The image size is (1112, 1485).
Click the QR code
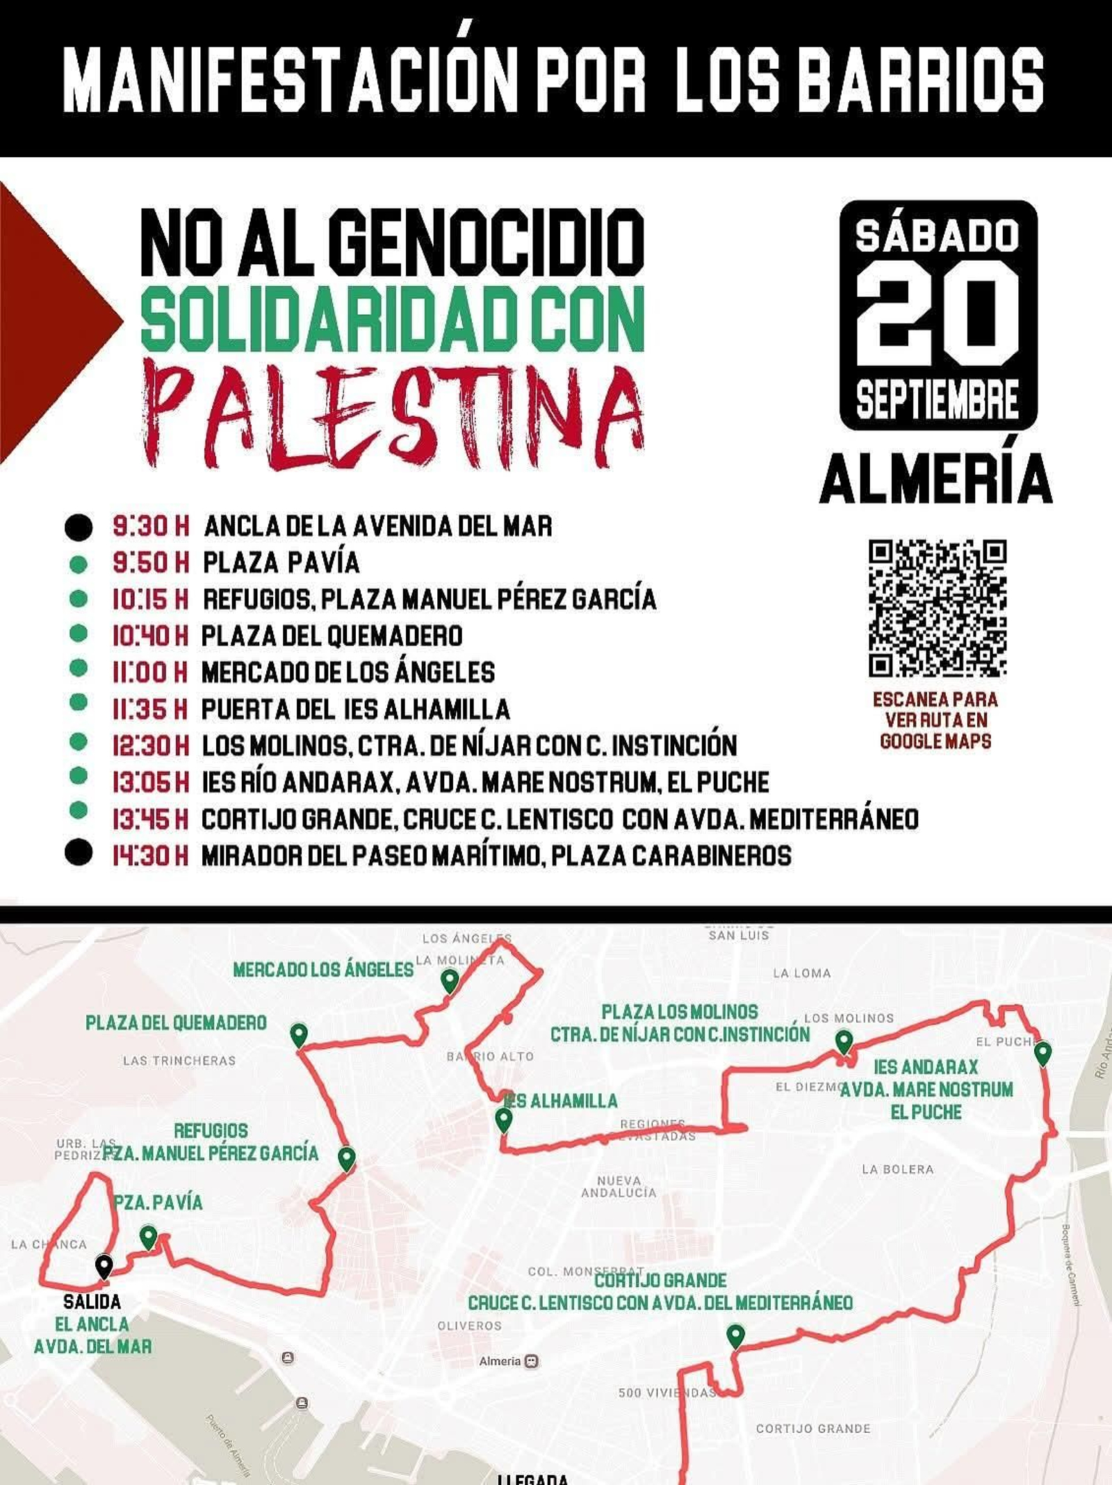937,608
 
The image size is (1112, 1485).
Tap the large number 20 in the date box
937,314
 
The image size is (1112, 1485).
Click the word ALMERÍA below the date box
936,479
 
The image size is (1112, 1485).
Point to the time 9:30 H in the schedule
151,526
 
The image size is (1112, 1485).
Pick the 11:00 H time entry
150,672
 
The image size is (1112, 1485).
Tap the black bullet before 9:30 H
79,527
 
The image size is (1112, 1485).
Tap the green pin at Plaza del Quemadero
299,1034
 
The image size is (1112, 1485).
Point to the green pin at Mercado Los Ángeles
450,980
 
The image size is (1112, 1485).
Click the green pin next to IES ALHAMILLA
504,1119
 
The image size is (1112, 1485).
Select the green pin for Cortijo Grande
735,1335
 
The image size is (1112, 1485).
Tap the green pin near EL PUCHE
1042,1053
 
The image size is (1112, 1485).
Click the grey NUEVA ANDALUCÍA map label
619,1186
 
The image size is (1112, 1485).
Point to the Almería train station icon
532,1361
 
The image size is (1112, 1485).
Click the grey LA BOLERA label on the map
897,1169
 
